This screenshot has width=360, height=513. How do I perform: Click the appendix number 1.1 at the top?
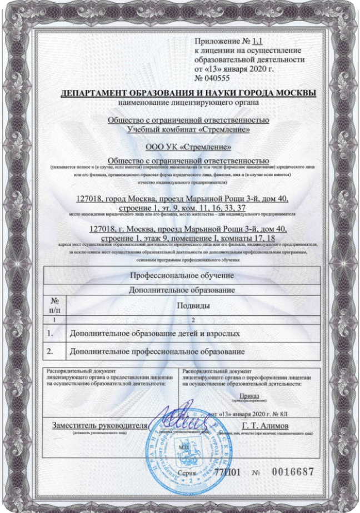257,42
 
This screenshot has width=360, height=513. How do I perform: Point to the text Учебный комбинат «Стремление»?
188,129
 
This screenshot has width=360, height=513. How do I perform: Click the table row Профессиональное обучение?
182,275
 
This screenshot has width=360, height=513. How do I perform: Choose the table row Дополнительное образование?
182,290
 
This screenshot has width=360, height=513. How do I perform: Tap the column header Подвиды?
193,306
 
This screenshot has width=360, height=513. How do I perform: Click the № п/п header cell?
55,305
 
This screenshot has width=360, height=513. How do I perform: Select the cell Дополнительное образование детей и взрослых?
154,334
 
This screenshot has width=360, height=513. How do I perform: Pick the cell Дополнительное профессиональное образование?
156,352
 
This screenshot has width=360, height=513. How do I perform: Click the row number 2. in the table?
51,352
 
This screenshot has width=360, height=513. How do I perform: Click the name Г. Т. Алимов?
269,425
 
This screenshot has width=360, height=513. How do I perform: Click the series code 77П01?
228,472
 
